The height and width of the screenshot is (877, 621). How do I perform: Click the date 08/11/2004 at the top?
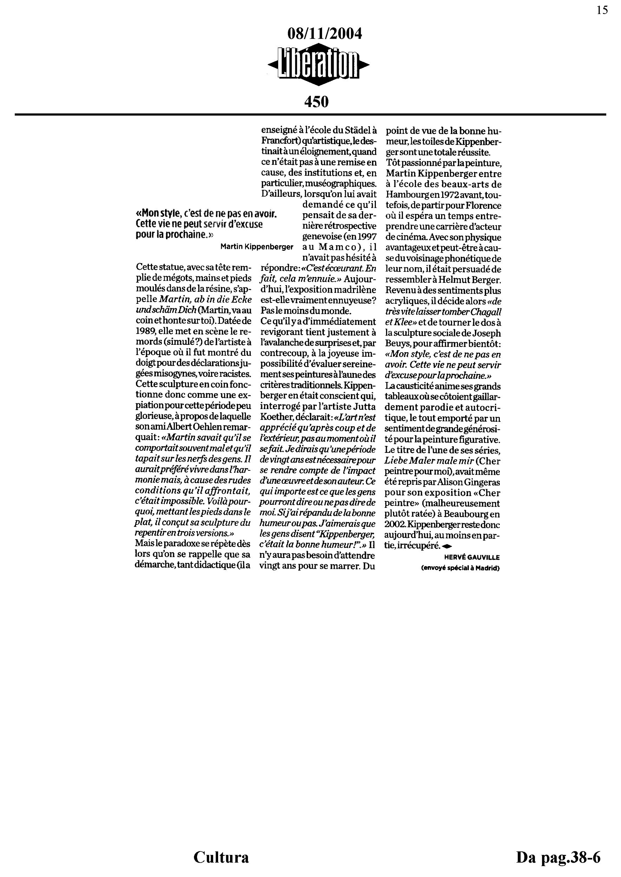[x=324, y=34]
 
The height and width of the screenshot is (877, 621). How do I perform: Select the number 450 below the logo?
[x=316, y=102]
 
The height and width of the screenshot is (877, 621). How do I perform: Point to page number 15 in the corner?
[x=602, y=10]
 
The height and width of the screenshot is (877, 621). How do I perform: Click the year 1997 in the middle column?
[x=367, y=236]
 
